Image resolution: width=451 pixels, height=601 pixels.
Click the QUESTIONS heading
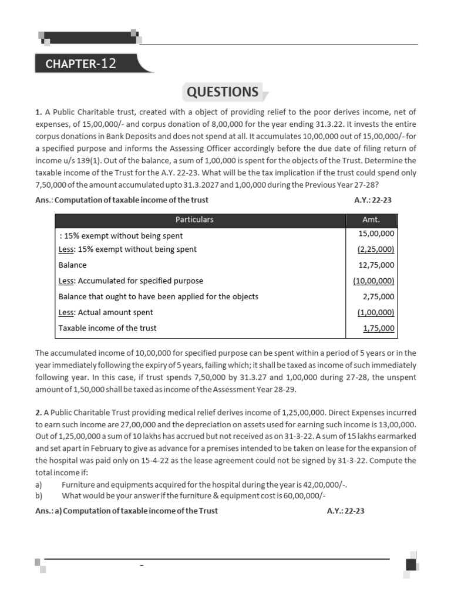click(x=223, y=92)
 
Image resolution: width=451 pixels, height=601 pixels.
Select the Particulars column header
click(x=194, y=220)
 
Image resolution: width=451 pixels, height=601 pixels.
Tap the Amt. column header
click(x=371, y=220)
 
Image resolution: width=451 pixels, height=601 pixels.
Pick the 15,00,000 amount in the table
click(x=376, y=234)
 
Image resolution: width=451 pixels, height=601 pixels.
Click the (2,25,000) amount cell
click(x=376, y=249)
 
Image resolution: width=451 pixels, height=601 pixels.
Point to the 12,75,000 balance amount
click(x=376, y=265)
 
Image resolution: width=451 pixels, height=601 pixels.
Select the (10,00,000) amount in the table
click(x=374, y=281)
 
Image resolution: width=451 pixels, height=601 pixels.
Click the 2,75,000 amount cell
click(x=379, y=297)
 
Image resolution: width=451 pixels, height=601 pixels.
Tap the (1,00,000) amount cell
click(x=376, y=313)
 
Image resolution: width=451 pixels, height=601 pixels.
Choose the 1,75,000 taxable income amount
click(x=379, y=329)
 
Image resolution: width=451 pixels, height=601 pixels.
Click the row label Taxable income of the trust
click(x=107, y=328)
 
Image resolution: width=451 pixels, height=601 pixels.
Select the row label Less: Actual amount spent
click(x=106, y=313)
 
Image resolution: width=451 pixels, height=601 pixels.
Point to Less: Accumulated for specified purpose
click(x=130, y=281)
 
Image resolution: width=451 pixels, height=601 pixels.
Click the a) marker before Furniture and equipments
click(x=39, y=485)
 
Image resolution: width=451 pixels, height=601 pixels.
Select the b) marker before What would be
click(x=39, y=495)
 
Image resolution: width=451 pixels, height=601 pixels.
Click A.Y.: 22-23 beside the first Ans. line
click(x=373, y=200)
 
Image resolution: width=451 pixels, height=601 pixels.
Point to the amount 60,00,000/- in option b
click(x=304, y=495)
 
